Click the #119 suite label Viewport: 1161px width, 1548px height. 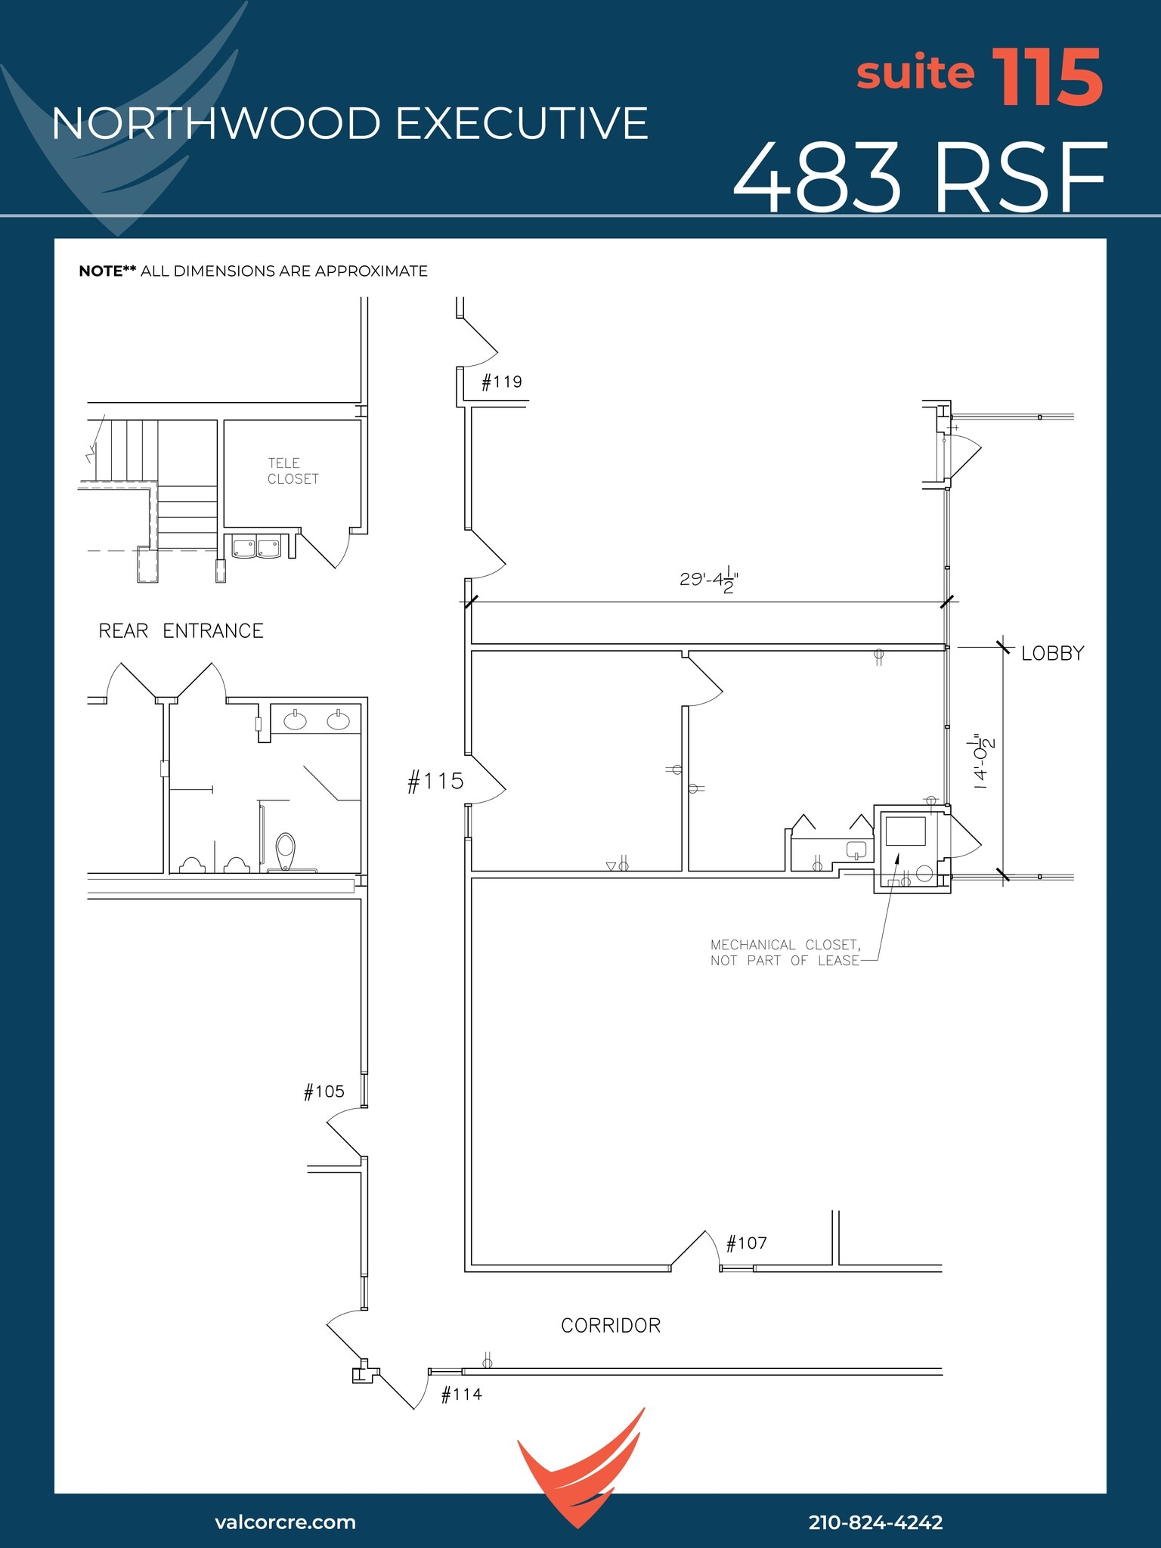(x=502, y=382)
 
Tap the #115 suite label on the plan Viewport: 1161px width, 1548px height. (x=435, y=781)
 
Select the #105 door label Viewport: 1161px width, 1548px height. (x=324, y=1091)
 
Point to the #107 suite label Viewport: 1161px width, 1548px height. (x=747, y=1243)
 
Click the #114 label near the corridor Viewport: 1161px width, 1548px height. (x=462, y=1395)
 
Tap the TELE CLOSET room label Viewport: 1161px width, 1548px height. (x=293, y=471)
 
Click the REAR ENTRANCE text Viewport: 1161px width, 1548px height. (x=181, y=631)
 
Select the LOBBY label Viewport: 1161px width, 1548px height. (x=1052, y=653)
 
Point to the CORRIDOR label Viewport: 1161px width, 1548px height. (x=611, y=1326)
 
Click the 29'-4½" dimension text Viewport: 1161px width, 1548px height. (x=708, y=580)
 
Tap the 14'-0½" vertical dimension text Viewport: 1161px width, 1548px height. (x=983, y=761)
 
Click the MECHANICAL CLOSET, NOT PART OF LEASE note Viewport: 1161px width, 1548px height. (x=785, y=952)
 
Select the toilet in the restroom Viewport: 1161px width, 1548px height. (x=285, y=851)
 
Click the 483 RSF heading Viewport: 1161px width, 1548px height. (x=919, y=178)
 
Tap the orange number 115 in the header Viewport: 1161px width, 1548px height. (x=1048, y=77)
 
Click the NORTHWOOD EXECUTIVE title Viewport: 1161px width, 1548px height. (x=350, y=124)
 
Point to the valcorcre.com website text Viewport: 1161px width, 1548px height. (x=285, y=1522)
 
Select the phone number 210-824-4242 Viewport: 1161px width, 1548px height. (x=875, y=1522)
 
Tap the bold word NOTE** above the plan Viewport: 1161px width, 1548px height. (x=107, y=271)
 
